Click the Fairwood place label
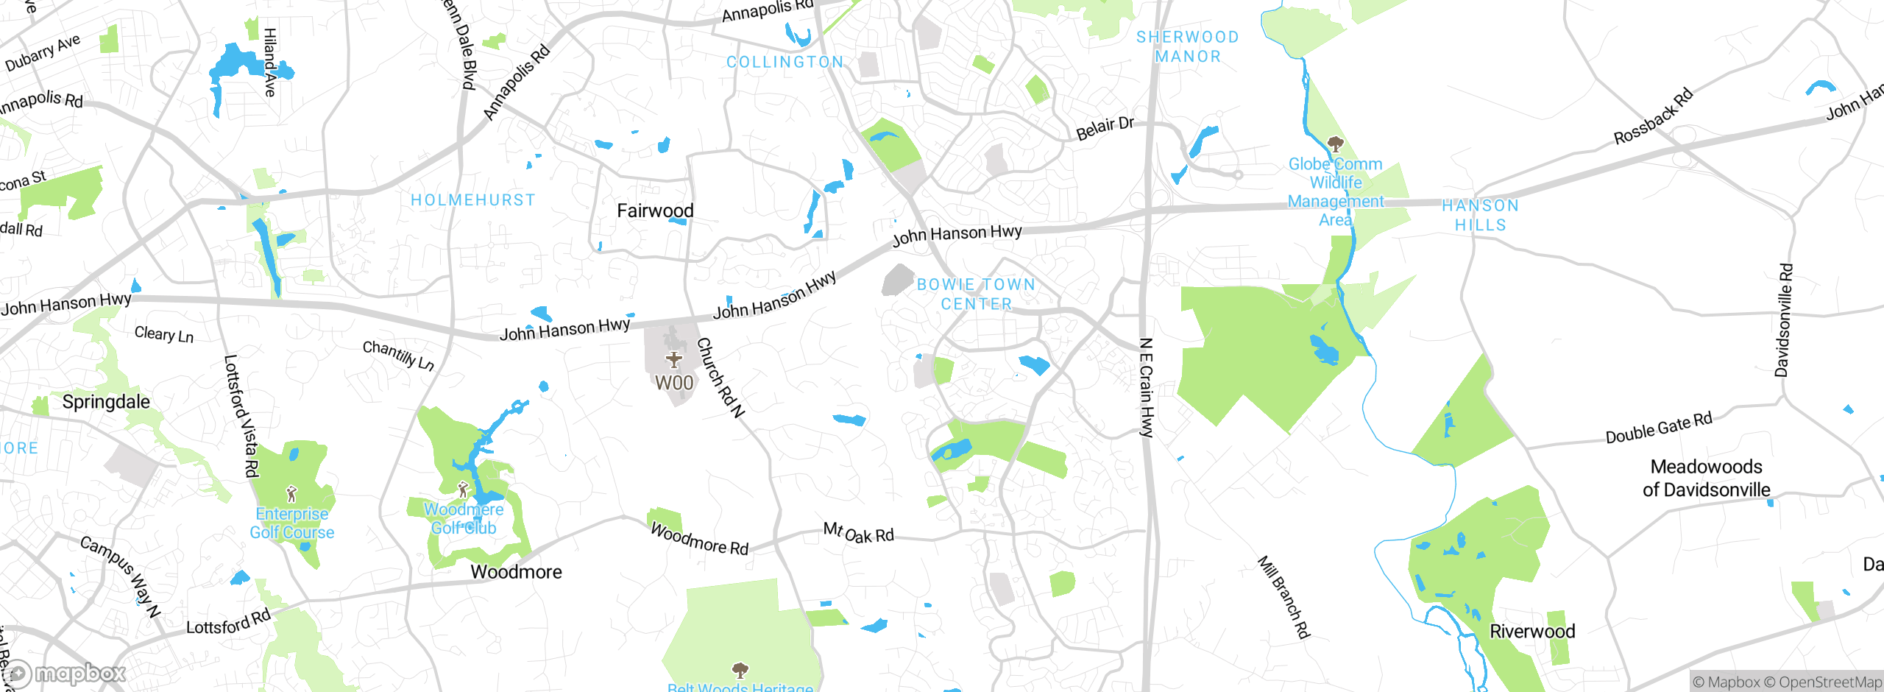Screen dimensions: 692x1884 point(655,211)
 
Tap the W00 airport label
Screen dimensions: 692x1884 point(674,383)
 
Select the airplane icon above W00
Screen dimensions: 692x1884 point(673,359)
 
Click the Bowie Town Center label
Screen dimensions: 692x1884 point(976,294)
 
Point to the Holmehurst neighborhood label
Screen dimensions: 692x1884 point(472,200)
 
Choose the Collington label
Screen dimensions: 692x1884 point(785,62)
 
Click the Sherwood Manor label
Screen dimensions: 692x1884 point(1187,46)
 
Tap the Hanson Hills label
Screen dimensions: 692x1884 point(1480,215)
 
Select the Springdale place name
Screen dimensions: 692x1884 point(106,401)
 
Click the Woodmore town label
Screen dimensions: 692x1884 point(516,571)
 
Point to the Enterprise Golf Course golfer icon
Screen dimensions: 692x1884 point(291,493)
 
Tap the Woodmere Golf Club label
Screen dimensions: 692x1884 point(464,518)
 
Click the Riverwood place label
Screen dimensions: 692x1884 point(1532,631)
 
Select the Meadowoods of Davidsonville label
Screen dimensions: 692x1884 point(1706,478)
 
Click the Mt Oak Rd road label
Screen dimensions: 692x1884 point(858,532)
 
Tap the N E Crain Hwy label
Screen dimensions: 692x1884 point(1146,387)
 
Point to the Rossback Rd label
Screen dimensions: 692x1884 point(1653,116)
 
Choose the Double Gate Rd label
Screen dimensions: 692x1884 point(1659,428)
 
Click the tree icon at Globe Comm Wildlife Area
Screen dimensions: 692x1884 point(1335,144)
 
